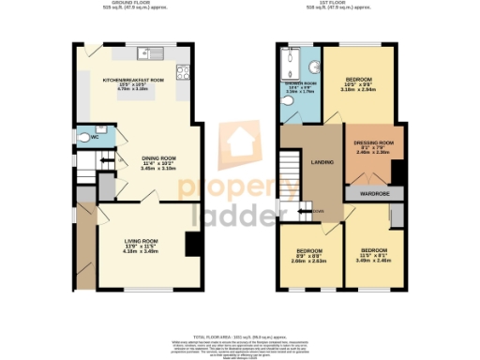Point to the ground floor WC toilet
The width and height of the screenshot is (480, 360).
click(86, 138)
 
